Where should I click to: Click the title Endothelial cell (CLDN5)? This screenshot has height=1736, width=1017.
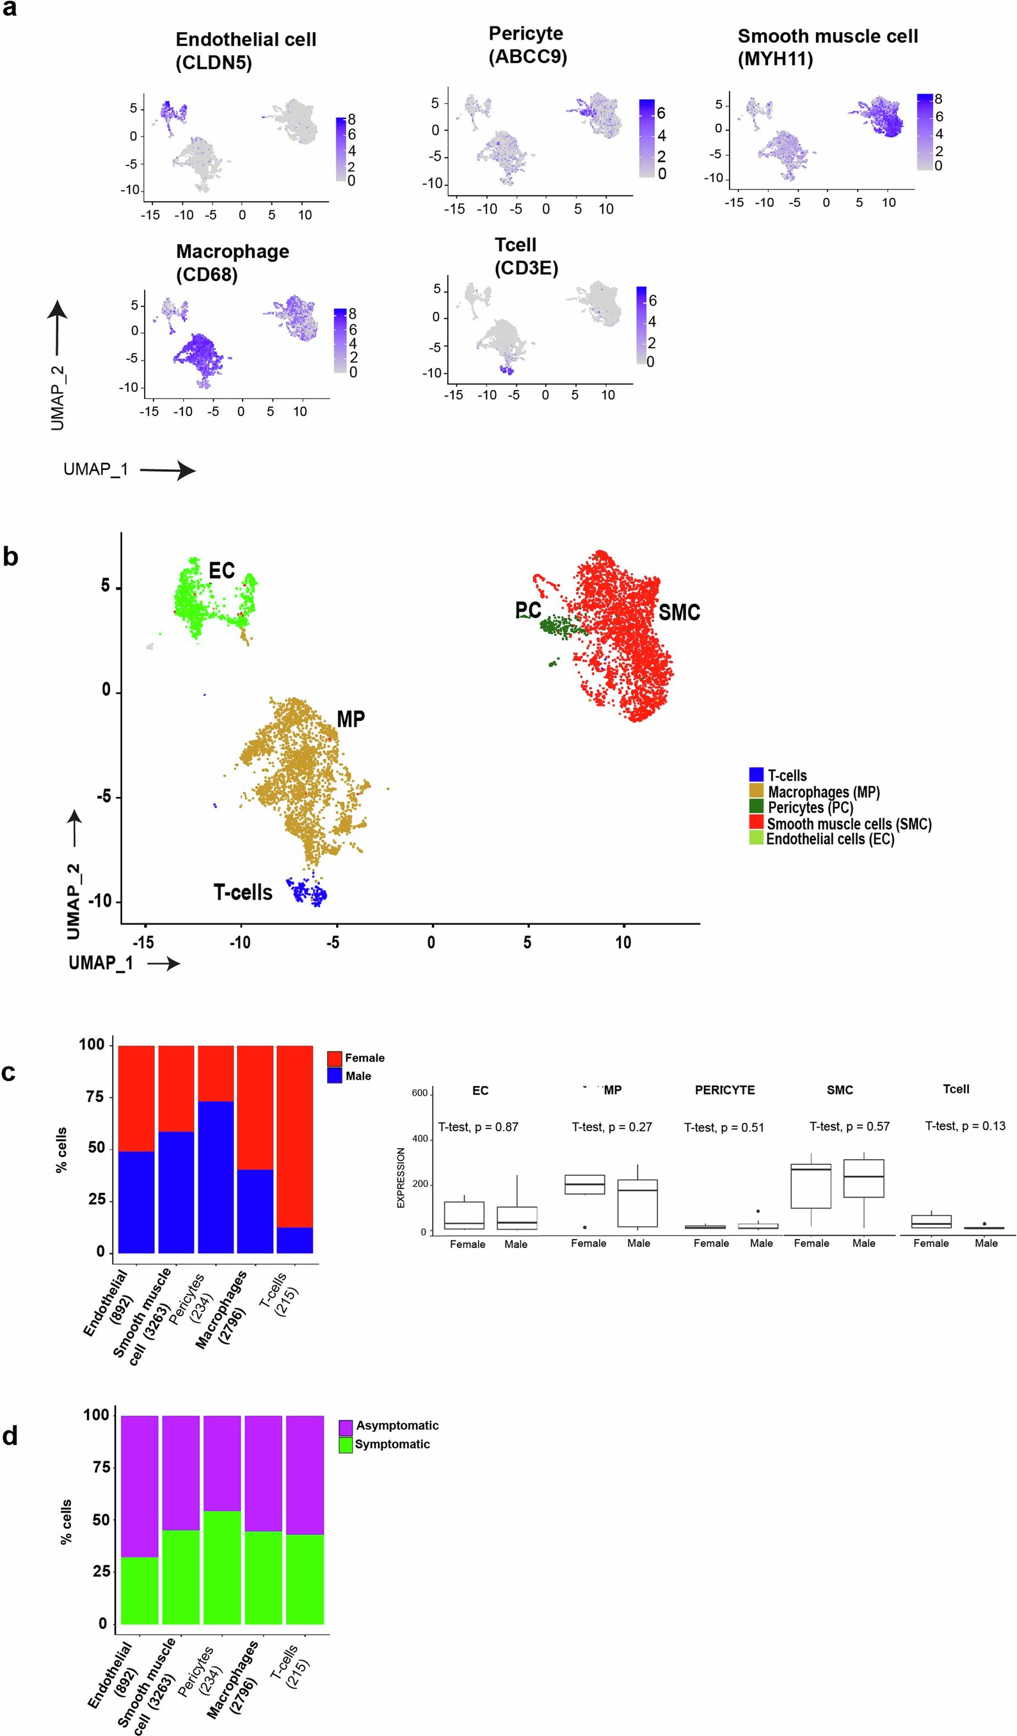click(245, 51)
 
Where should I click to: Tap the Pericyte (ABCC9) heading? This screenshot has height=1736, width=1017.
click(527, 45)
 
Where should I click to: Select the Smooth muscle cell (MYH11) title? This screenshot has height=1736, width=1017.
click(827, 47)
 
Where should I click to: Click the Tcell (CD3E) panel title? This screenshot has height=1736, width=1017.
click(525, 256)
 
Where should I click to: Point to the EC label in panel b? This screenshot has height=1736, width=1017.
click(221, 571)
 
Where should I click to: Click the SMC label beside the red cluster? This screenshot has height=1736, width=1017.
click(679, 612)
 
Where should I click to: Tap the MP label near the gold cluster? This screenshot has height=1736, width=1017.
click(351, 719)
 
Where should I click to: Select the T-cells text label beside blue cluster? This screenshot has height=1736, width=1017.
click(243, 893)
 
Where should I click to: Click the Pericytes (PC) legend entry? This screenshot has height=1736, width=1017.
click(810, 807)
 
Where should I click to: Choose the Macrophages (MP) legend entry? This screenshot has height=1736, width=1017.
click(823, 792)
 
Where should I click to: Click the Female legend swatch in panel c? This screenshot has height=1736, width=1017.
click(335, 1058)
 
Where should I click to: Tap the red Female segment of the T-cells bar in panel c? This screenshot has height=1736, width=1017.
click(294, 1137)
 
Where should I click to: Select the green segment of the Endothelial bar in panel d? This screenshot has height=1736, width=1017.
click(140, 1591)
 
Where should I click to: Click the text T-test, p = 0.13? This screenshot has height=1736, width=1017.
click(965, 1126)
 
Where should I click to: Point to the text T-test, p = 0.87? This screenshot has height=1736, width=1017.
click(478, 1127)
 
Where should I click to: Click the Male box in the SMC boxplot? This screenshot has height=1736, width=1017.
click(863, 1180)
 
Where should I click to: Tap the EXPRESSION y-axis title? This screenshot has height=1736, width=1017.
click(401, 1178)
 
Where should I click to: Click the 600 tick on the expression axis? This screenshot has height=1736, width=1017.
click(419, 1093)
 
